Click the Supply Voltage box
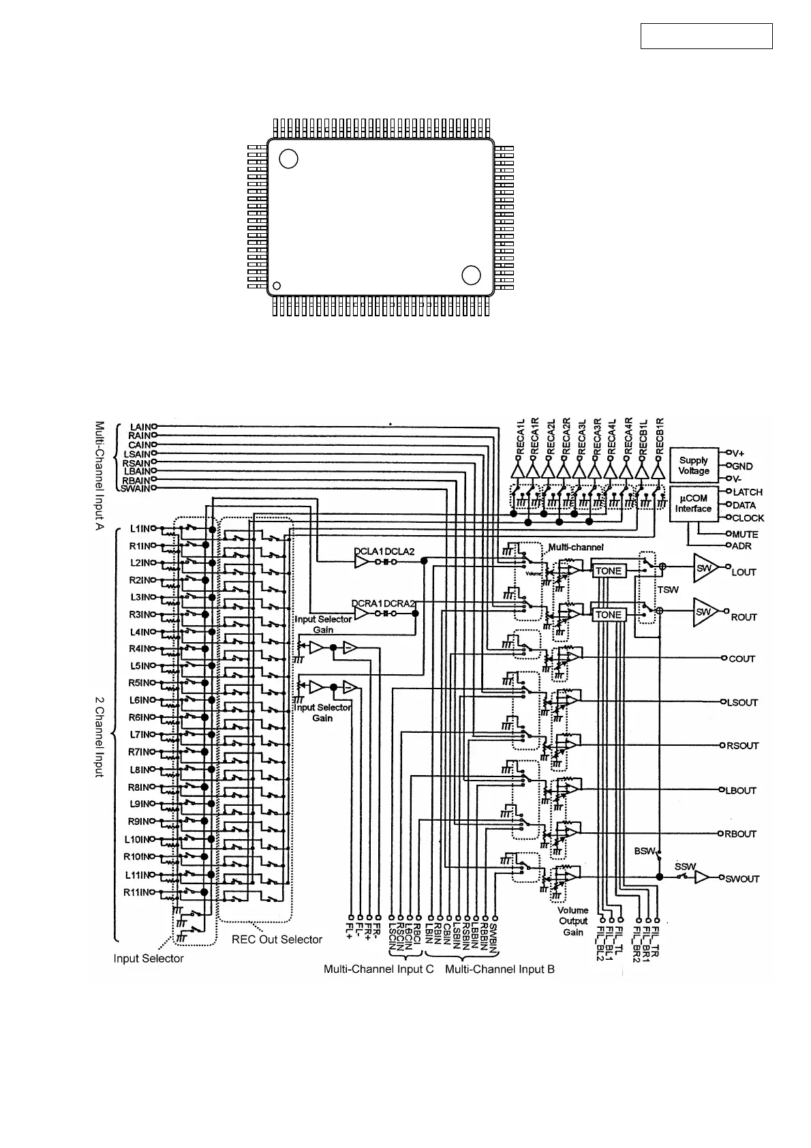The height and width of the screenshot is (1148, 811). (x=694, y=466)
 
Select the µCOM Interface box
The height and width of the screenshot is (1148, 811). (x=693, y=504)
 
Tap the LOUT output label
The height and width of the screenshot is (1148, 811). (x=744, y=572)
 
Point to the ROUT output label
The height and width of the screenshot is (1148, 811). (x=744, y=617)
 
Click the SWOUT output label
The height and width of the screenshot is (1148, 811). (x=742, y=879)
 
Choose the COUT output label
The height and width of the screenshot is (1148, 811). (x=741, y=659)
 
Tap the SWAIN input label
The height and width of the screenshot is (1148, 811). (x=134, y=488)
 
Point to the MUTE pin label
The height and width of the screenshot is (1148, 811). (x=745, y=534)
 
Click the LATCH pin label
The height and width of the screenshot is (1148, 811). (x=748, y=492)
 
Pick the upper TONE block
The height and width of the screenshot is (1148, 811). (x=609, y=571)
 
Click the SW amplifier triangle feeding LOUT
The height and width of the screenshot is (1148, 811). (x=704, y=568)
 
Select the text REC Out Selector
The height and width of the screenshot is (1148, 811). (x=277, y=939)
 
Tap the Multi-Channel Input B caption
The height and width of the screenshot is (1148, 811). (x=500, y=969)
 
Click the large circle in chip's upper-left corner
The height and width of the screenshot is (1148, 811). (x=289, y=159)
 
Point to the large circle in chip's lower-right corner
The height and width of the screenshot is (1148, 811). (x=471, y=275)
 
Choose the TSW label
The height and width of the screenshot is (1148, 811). (x=667, y=589)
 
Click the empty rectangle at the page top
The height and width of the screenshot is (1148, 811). (x=706, y=36)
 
